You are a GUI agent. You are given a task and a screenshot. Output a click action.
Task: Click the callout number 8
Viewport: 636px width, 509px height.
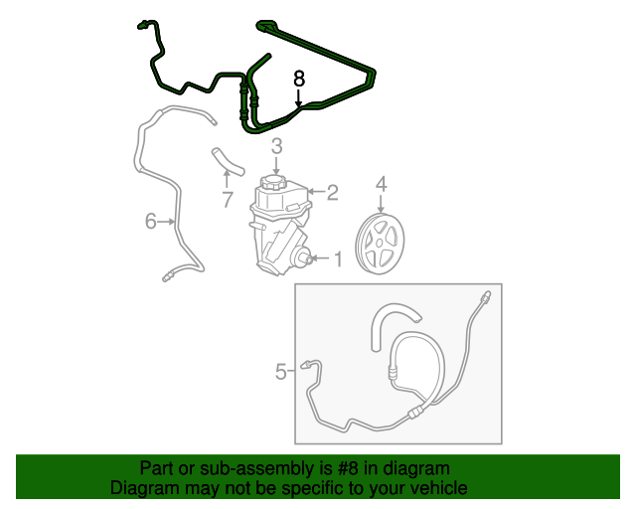click(x=299, y=77)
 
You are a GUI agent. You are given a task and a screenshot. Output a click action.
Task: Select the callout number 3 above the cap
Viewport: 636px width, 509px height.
click(x=277, y=146)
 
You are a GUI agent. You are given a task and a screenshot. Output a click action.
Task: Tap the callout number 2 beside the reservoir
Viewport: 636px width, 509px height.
click(x=333, y=191)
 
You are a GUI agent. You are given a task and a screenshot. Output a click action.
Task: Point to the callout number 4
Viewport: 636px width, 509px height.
click(x=381, y=184)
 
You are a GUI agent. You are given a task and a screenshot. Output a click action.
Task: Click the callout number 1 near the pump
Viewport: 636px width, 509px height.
click(x=337, y=259)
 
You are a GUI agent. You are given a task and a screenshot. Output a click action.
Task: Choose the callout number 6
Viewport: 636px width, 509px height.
click(x=151, y=221)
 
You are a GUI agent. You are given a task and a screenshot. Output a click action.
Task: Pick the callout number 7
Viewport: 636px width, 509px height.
click(x=227, y=200)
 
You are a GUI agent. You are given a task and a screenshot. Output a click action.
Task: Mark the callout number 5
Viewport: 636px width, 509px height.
click(x=281, y=372)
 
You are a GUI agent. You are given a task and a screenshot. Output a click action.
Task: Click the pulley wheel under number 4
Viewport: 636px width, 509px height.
click(x=381, y=244)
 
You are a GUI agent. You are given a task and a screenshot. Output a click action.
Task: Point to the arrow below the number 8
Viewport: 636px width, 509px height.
click(x=299, y=96)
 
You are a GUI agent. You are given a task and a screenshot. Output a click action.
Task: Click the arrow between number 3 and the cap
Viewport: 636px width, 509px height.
click(x=277, y=165)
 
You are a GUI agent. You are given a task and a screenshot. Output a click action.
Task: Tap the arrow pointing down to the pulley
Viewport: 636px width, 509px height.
click(x=381, y=204)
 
